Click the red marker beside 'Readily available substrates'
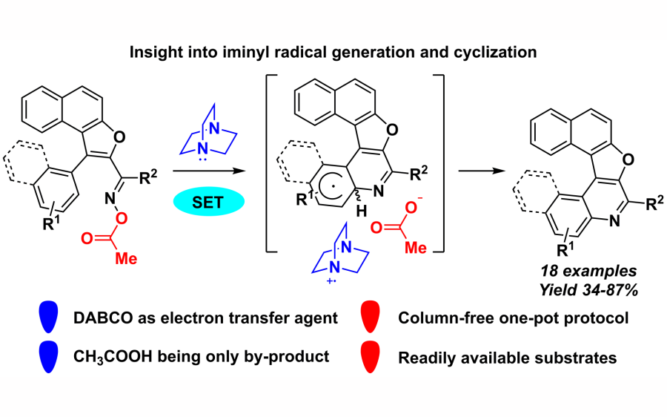point(370,357)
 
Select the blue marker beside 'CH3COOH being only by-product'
point(50,357)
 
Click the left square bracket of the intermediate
point(270,164)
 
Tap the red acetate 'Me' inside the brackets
point(415,248)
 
